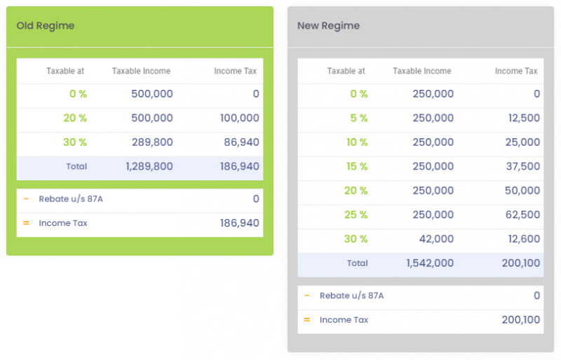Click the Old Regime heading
click(46, 26)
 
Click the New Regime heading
click(328, 26)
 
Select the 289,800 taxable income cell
click(152, 142)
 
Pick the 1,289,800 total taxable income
click(149, 167)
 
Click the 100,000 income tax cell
click(239, 118)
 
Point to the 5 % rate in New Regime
click(358, 118)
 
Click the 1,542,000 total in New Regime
click(429, 263)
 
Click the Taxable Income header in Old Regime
click(141, 71)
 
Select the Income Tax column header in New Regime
click(516, 71)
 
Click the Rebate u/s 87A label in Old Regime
click(71, 199)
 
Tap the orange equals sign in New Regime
click(306, 320)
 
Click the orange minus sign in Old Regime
click(26, 199)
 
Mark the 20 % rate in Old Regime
click(75, 118)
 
